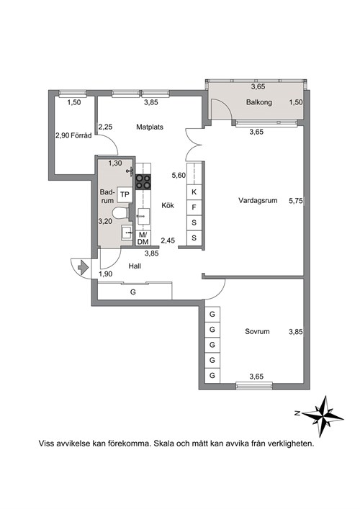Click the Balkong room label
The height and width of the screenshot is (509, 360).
coord(258,102)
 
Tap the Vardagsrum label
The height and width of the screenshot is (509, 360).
coord(258,200)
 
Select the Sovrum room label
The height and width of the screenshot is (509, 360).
coord(257,331)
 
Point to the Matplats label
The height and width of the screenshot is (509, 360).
coord(149,127)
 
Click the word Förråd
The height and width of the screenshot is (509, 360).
coord(81,135)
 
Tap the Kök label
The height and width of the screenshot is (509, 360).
coord(168,205)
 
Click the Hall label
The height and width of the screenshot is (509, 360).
coord(135,266)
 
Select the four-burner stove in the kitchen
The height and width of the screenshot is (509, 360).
coord(143,181)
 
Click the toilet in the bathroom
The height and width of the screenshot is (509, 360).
coord(121,214)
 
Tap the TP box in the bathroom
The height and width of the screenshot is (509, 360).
coord(125,194)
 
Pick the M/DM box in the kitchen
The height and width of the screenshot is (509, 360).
coord(143,238)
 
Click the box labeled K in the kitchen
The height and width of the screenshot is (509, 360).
coord(194,192)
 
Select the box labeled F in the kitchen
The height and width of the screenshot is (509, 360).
coord(194,207)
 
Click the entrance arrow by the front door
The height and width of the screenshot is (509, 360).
coord(84,267)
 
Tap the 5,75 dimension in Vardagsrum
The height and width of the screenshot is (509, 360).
coord(296,201)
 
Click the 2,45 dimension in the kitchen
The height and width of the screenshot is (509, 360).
coord(168,240)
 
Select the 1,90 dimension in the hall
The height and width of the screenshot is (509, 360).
coord(106,274)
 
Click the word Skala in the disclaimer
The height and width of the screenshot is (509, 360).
coord(163,443)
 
